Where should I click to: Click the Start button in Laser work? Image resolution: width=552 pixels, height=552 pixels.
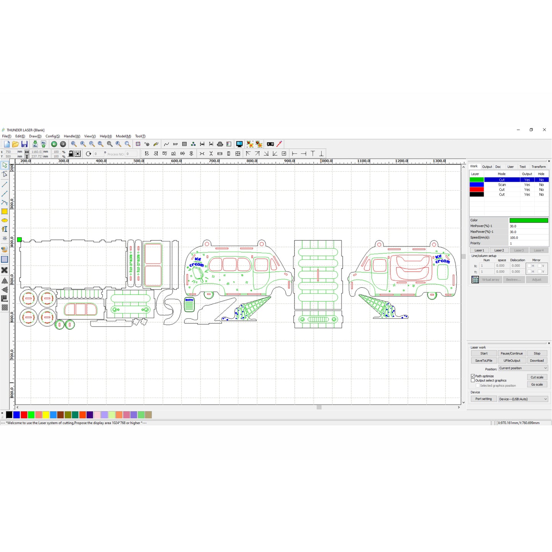[484, 353]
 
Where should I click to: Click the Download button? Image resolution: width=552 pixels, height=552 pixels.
[537, 361]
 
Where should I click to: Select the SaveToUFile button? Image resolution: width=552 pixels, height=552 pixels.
[484, 361]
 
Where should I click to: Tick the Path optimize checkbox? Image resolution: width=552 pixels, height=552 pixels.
[473, 376]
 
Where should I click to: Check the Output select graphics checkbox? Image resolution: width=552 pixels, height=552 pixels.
[473, 380]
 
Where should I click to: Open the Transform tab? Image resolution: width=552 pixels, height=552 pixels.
[538, 167]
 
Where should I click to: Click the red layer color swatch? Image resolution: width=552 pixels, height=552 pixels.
[476, 189]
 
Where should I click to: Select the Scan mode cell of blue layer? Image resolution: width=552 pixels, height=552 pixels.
[502, 185]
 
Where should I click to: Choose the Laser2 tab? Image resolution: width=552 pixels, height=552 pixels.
[499, 250]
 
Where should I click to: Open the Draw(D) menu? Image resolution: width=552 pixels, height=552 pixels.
[35, 136]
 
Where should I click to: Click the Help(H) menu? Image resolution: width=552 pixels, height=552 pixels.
[106, 136]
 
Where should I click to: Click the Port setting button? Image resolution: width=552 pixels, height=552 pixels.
[483, 399]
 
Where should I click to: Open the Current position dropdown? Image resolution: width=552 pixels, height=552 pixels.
[523, 368]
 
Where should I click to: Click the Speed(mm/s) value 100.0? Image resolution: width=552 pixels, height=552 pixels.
[529, 238]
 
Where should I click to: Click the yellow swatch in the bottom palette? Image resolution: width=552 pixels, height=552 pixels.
[46, 415]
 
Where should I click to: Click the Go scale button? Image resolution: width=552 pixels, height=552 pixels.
[537, 385]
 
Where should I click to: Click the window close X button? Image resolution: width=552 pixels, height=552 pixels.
[544, 130]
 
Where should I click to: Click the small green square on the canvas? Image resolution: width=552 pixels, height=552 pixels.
[19, 240]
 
